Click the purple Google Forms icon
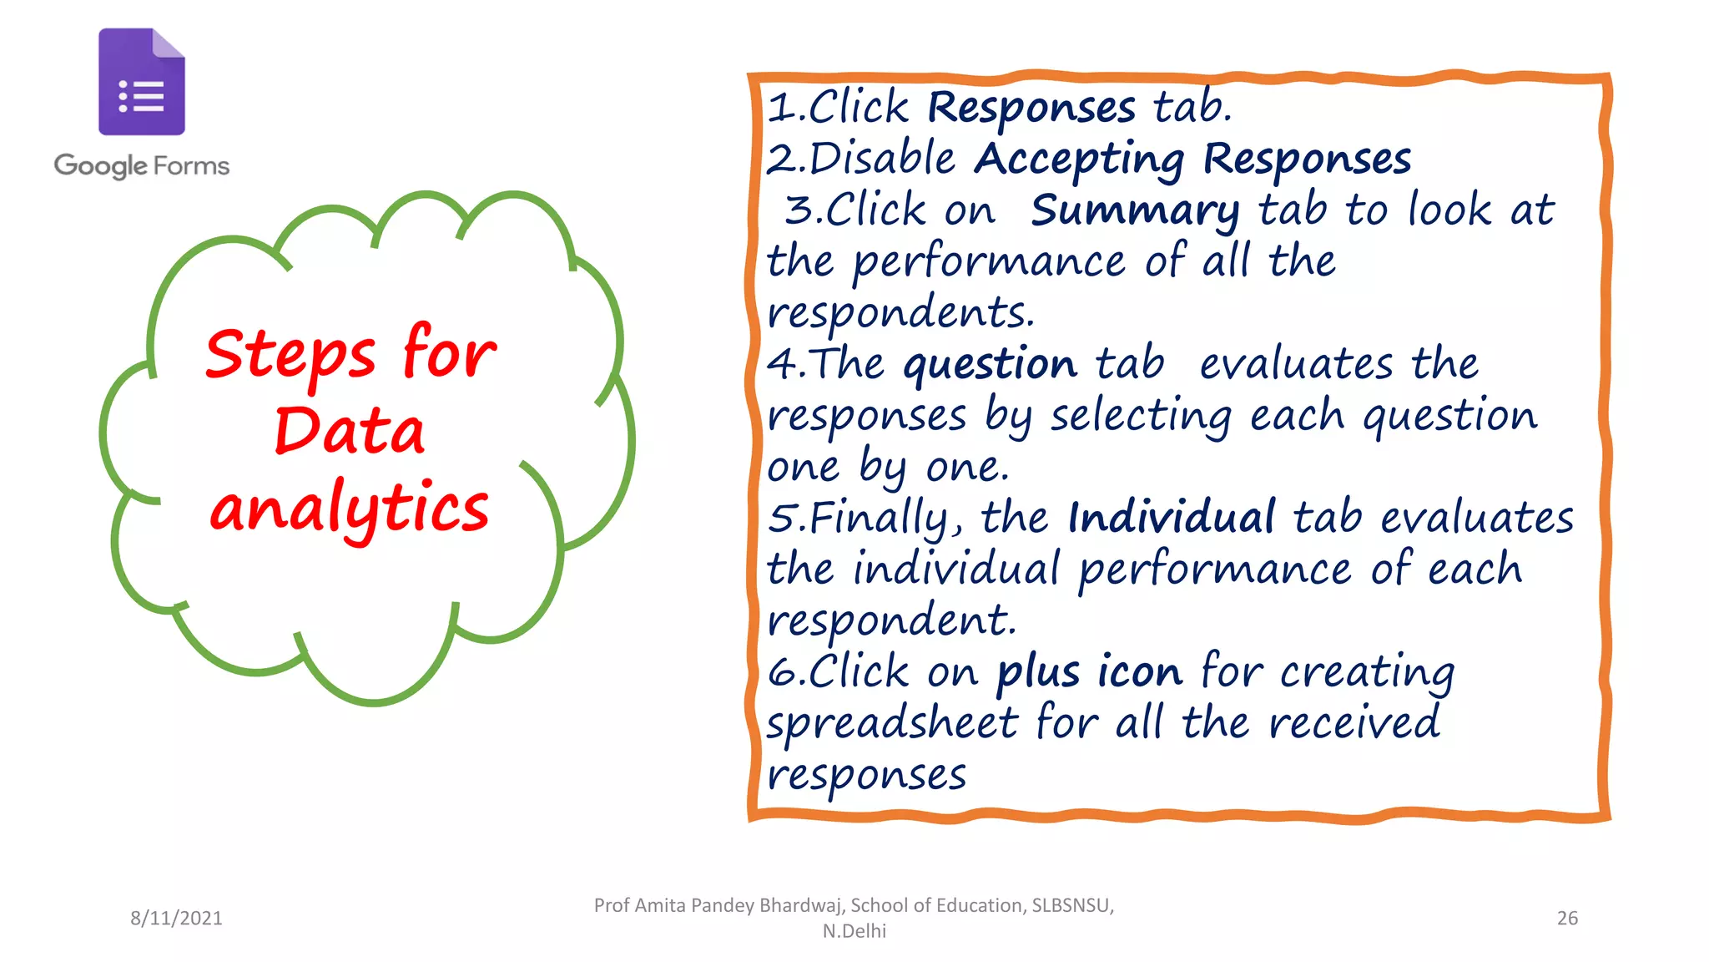point(141,82)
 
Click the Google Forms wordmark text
point(141,165)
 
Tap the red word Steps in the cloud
point(290,354)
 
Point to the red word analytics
point(350,508)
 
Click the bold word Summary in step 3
point(1135,210)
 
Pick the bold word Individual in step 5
point(1172,518)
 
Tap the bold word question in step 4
point(991,365)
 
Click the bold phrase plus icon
point(1090,672)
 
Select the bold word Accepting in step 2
point(1080,159)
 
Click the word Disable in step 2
point(883,159)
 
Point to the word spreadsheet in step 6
point(892,723)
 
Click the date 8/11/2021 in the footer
point(176,918)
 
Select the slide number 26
point(1567,918)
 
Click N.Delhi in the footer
point(854,931)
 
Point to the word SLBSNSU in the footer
point(1071,905)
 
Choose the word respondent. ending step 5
point(891,621)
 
